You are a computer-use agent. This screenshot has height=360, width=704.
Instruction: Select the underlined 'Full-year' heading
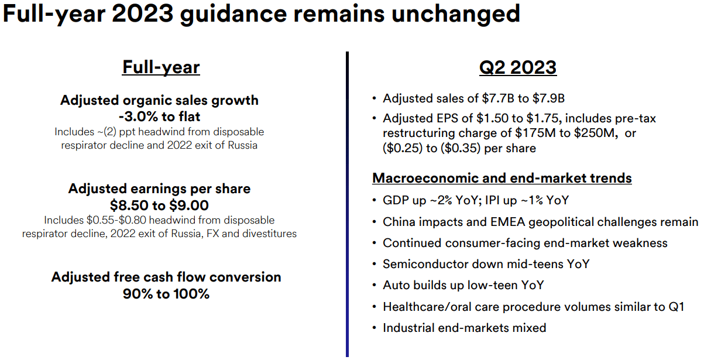(x=161, y=67)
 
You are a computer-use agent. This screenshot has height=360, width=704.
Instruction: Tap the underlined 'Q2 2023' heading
(x=517, y=67)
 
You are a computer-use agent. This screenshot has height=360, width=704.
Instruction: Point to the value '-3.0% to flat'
(x=160, y=116)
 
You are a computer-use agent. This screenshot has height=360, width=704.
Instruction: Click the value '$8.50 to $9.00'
(x=159, y=205)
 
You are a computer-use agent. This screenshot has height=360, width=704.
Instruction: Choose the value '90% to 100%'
(x=166, y=294)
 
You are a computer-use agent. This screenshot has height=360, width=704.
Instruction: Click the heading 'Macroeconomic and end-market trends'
(x=502, y=178)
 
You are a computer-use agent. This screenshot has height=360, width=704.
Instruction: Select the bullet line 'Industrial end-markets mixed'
(x=464, y=328)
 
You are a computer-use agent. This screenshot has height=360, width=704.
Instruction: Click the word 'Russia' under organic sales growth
(x=241, y=145)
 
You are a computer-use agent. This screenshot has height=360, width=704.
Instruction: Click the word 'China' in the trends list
(x=400, y=222)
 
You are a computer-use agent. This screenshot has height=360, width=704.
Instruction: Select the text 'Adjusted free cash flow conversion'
(x=166, y=277)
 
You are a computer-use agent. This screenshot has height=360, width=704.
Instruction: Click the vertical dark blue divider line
(x=347, y=205)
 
